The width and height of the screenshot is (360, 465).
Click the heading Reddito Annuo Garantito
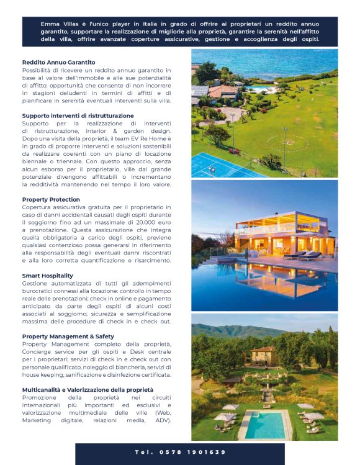pyautogui.click(x=59, y=63)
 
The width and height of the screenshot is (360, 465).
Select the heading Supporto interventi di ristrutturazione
pyautogui.click(x=78, y=115)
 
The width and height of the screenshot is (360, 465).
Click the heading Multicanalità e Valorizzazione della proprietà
pyautogui.click(x=88, y=390)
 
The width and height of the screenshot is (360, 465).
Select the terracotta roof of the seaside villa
pyautogui.click(x=222, y=91)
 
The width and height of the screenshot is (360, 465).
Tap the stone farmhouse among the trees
pyautogui.click(x=262, y=356)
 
